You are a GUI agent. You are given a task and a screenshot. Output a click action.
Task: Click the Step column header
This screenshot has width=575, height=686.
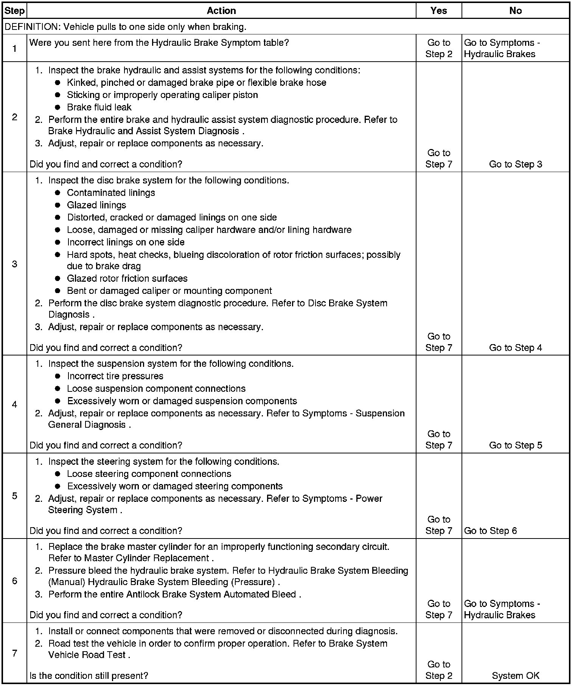tap(14, 11)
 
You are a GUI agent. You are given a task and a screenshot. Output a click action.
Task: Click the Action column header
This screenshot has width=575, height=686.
tap(221, 11)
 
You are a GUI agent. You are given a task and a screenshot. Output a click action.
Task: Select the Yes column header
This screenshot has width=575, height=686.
tap(438, 11)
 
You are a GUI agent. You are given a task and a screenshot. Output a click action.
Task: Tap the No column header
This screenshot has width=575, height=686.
tap(515, 11)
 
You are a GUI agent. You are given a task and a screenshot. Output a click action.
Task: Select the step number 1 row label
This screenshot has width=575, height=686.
tap(14, 48)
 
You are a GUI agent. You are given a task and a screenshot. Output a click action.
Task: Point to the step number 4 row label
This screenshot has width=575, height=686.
tap(14, 404)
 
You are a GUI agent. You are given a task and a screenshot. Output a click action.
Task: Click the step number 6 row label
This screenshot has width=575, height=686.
tap(14, 580)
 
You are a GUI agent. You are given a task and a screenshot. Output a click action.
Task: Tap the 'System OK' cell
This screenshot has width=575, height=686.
tap(515, 675)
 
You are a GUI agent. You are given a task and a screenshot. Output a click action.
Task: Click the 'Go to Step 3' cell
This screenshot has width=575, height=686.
tap(515, 164)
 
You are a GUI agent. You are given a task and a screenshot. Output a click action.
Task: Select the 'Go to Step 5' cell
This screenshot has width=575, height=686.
tap(515, 445)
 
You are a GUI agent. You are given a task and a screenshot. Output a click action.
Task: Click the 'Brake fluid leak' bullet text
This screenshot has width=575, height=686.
tap(99, 107)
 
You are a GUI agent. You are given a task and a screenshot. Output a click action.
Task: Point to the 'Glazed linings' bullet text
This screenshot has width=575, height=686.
tap(96, 205)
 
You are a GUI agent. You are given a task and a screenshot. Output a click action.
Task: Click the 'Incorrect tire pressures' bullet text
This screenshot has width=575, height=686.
tap(115, 376)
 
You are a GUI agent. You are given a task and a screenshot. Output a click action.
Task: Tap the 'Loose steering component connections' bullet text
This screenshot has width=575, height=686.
tap(149, 474)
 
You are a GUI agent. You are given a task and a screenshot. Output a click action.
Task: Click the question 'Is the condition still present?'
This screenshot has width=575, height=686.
tap(89, 675)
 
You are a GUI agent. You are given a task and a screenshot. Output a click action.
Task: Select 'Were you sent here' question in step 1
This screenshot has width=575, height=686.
tap(159, 43)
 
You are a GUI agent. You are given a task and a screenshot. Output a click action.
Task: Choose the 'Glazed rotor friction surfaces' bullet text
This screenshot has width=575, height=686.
tap(127, 278)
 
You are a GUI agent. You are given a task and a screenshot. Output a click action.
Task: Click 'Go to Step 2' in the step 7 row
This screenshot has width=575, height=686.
tap(438, 670)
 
